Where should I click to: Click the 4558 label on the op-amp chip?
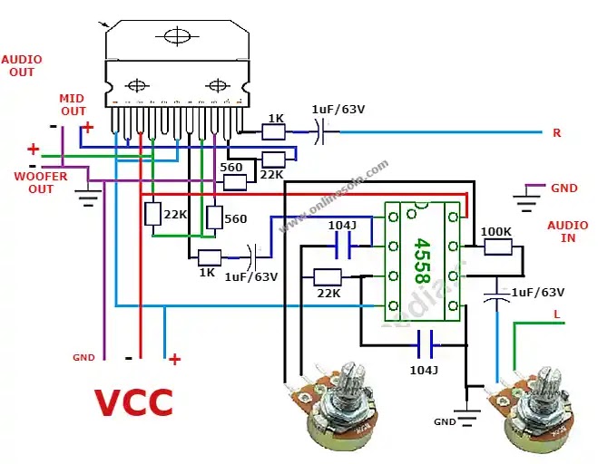coord(422,261)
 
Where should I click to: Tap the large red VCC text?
coord(133,401)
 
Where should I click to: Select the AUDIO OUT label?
coord(22,65)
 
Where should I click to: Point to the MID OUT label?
coord(72,104)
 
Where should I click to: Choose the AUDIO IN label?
coord(566,231)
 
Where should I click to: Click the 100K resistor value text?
coord(495,232)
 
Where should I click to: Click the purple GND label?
coord(564,188)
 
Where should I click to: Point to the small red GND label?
coord(83,358)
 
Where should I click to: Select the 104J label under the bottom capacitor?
coord(422,370)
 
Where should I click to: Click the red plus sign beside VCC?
coord(174,360)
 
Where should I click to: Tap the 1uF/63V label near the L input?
coord(537,293)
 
